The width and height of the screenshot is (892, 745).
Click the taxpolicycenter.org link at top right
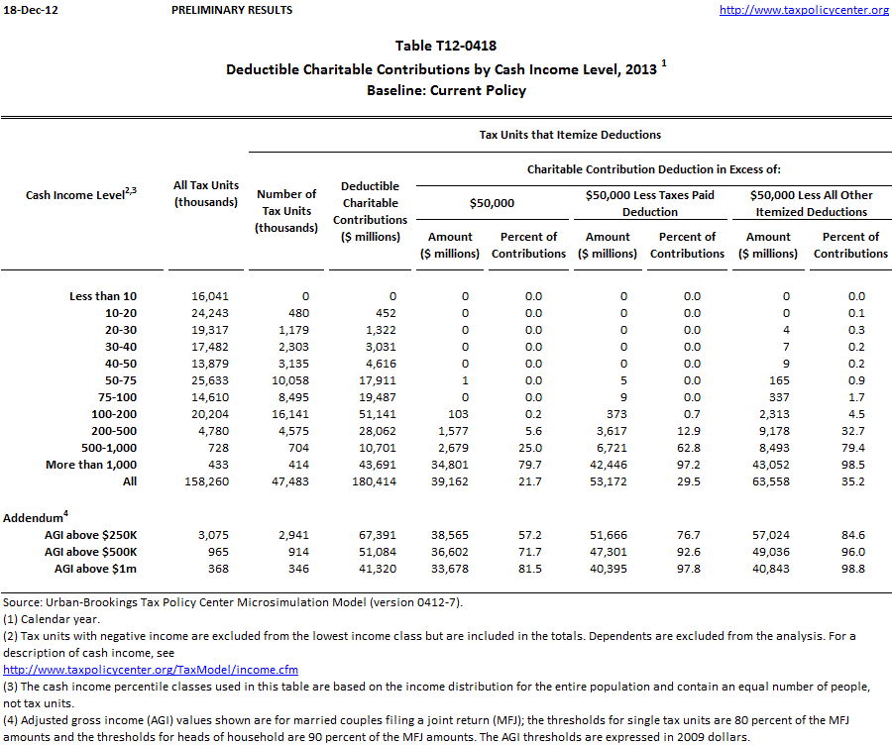coord(804,10)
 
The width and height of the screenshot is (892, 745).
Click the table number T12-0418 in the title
coord(446,47)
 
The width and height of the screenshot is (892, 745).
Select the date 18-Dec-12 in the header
coord(29,10)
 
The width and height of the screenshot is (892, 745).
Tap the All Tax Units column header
coord(206,194)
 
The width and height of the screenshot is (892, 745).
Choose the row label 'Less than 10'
coord(103,296)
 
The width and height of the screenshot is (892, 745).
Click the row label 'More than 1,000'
coord(91,465)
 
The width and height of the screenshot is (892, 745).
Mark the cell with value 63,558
coord(767,481)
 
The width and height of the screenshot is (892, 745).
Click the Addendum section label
coord(36,517)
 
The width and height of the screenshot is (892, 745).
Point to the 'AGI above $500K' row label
coord(92,551)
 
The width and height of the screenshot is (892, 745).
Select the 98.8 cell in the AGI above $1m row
coord(852,568)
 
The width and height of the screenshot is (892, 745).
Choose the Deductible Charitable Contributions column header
coord(370,211)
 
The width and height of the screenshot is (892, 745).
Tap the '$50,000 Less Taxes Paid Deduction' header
coord(649,203)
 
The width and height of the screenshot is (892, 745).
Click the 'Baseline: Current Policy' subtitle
coord(446,90)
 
